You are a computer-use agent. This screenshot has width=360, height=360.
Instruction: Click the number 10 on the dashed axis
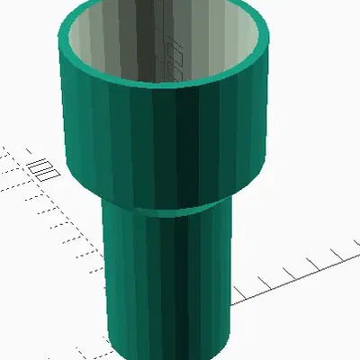pos(40,167)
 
